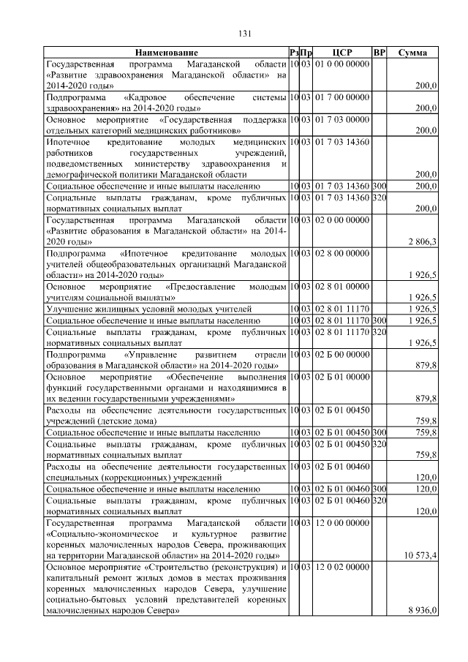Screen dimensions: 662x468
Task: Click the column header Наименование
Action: click(166, 53)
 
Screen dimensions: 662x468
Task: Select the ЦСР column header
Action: click(342, 53)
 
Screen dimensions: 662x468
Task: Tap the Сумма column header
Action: click(413, 53)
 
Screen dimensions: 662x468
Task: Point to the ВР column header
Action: click(379, 53)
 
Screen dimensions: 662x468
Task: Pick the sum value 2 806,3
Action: click(421, 241)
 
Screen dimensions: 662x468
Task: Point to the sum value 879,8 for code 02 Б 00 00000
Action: click(424, 364)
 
